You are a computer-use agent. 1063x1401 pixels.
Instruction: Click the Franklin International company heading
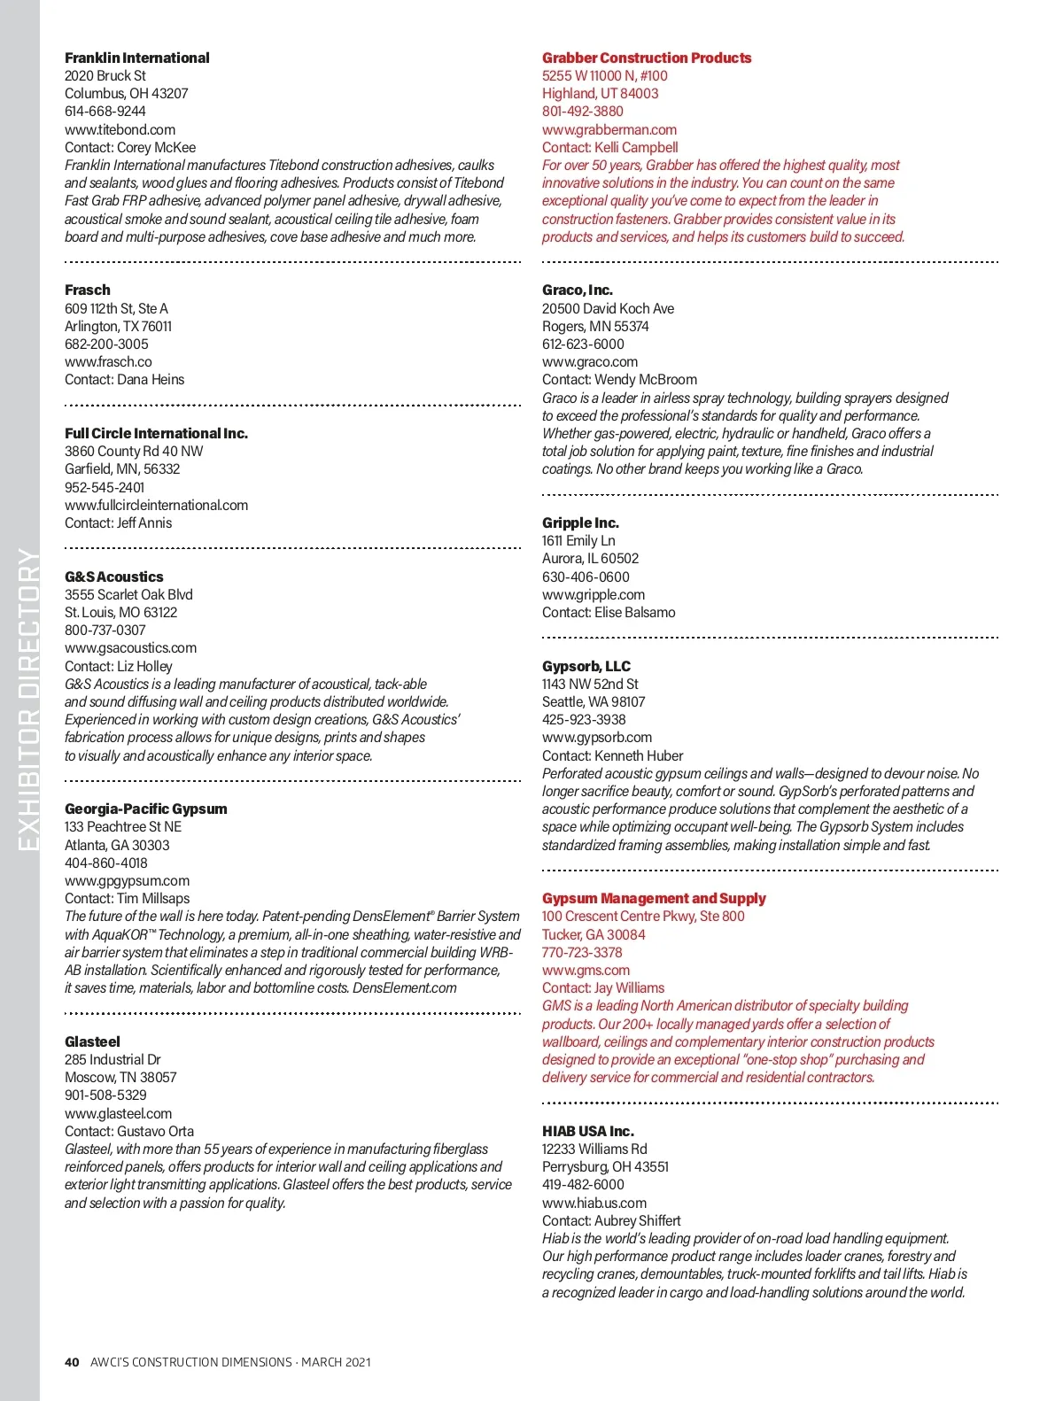click(136, 58)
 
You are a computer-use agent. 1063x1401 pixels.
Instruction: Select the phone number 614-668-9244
click(105, 112)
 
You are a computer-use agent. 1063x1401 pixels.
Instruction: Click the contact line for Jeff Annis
click(118, 522)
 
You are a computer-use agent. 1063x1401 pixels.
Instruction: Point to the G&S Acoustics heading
click(113, 577)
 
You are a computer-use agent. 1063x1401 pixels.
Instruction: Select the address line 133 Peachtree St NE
click(122, 826)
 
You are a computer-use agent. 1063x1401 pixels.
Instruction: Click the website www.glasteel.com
click(118, 1113)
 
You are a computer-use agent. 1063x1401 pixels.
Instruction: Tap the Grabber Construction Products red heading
click(647, 58)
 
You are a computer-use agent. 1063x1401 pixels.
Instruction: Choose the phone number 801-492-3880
click(582, 112)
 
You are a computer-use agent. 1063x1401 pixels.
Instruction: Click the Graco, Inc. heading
click(577, 290)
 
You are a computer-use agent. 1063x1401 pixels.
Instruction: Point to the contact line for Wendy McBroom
click(619, 379)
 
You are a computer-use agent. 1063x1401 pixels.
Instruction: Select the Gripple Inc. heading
click(580, 522)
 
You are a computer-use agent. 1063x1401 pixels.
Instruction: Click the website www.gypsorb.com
click(596, 737)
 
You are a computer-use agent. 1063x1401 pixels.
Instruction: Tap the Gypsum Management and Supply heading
click(654, 898)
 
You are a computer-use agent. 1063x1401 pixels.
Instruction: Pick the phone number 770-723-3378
click(582, 952)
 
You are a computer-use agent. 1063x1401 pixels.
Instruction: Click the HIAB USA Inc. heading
click(587, 1131)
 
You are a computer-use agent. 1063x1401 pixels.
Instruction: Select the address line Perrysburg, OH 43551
click(605, 1166)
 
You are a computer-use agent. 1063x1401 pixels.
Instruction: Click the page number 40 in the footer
click(72, 1362)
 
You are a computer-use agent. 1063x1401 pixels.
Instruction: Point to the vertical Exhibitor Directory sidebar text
click(28, 700)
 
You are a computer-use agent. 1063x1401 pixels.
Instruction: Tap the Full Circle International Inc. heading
click(156, 433)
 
